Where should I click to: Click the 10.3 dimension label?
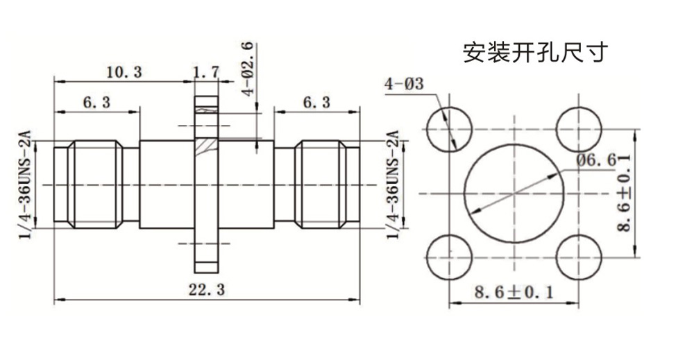tap(125, 71)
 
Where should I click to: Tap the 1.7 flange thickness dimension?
tap(205, 71)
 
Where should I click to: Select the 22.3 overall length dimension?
tap(207, 291)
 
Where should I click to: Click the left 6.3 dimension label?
tap(96, 103)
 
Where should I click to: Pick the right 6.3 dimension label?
tap(316, 103)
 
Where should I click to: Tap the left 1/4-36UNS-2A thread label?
tap(27, 185)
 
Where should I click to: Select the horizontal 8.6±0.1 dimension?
tap(514, 293)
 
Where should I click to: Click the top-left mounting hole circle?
tap(449, 130)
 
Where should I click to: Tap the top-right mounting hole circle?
tap(579, 130)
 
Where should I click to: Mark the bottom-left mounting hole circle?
tap(449, 257)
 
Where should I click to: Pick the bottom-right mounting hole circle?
tap(579, 257)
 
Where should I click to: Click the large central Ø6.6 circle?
tap(514, 193)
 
